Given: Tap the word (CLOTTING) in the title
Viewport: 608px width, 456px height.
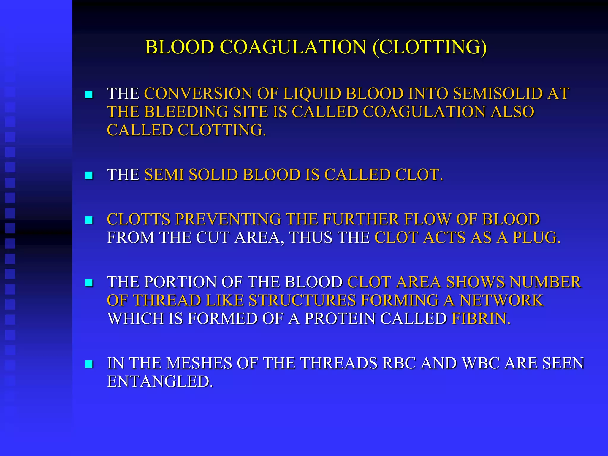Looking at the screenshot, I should pyautogui.click(x=430, y=47).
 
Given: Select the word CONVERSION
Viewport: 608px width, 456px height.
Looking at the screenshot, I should pyautogui.click(x=198, y=94).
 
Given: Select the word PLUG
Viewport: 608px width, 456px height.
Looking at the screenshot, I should pyautogui.click(x=537, y=237).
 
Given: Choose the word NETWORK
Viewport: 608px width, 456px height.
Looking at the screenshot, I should pyautogui.click(x=502, y=300).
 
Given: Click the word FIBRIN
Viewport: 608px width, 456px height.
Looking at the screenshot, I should pyautogui.click(x=481, y=319).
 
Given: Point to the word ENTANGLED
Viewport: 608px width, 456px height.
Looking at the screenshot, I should pyautogui.click(x=160, y=381).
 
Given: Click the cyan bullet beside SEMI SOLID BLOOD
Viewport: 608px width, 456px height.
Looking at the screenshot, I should pyautogui.click(x=89, y=175).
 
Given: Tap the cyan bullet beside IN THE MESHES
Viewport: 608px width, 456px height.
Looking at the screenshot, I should pyautogui.click(x=89, y=364).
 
